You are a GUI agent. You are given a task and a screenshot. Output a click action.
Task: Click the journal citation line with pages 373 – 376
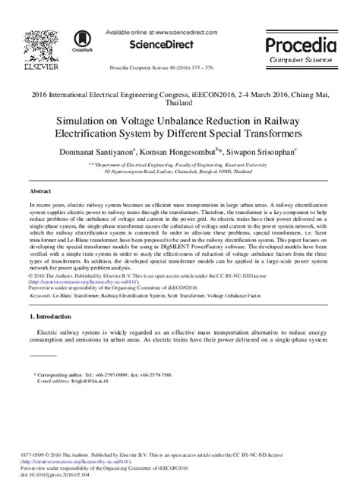(179, 68)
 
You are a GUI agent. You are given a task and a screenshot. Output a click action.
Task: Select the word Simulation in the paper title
(81, 119)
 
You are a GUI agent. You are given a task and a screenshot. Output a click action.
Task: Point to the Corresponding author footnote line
(103, 375)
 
